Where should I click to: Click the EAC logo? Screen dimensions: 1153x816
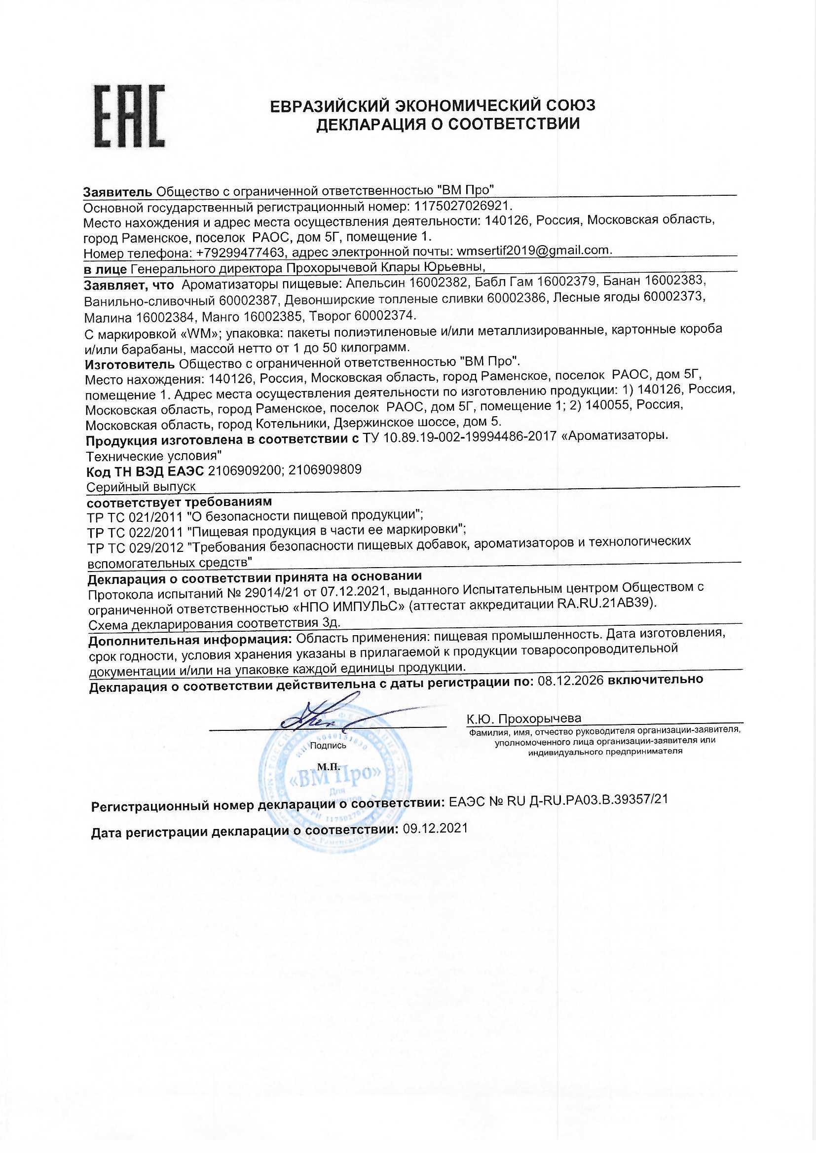[130, 116]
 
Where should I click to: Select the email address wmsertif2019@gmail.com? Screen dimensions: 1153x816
[533, 250]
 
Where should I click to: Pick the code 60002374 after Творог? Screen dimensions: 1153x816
[385, 315]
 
